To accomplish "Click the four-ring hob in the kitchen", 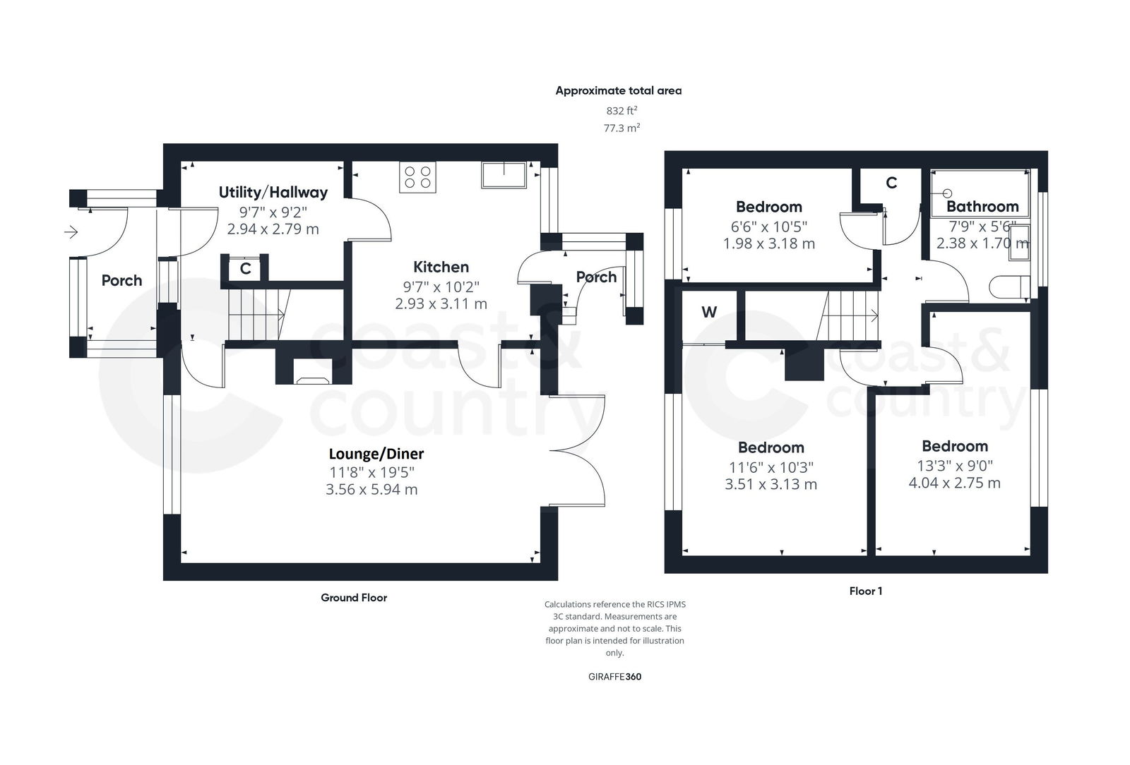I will coord(417,177).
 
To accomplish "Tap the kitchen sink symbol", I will coord(504,175).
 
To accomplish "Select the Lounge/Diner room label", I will coord(376,454).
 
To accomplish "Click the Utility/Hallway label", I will coord(273,192).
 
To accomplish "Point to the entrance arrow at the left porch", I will coord(71,231).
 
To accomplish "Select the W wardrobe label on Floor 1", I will coord(709,312).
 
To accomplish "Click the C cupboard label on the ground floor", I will coord(245,269).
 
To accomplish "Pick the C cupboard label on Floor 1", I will coord(891,183).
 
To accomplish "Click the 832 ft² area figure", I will coord(622,110).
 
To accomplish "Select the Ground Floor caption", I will coord(354,598).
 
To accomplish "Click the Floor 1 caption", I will coord(865,591).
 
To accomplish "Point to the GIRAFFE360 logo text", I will coord(614,676).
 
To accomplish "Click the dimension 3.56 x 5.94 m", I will coord(371,489).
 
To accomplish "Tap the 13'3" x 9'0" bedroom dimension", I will coord(955,466).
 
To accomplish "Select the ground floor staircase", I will coord(255,313).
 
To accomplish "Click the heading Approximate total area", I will coord(619,90).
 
